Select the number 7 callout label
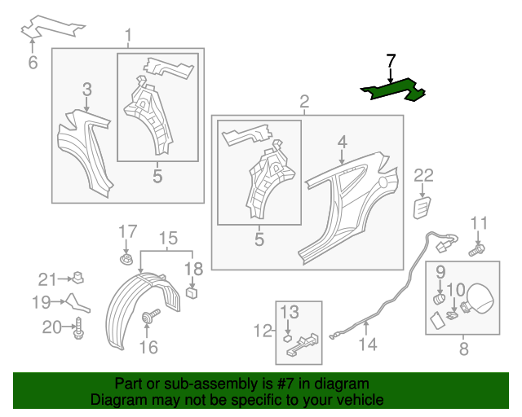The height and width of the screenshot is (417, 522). (x=391, y=60)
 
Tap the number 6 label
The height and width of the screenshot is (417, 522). (x=33, y=63)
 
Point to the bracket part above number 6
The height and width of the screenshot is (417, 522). (x=52, y=27)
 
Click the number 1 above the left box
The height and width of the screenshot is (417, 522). (x=128, y=35)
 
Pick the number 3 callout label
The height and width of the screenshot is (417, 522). (x=86, y=90)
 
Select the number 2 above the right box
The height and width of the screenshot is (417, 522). (x=304, y=102)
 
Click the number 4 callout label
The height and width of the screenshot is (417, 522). (x=342, y=143)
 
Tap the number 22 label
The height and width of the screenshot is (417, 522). (x=424, y=174)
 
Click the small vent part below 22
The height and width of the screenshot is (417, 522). (x=422, y=207)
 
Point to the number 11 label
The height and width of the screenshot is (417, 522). (x=479, y=222)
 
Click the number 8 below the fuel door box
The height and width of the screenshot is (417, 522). (x=463, y=350)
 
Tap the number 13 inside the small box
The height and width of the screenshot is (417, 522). (x=290, y=313)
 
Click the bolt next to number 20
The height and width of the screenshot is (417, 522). (x=79, y=328)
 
